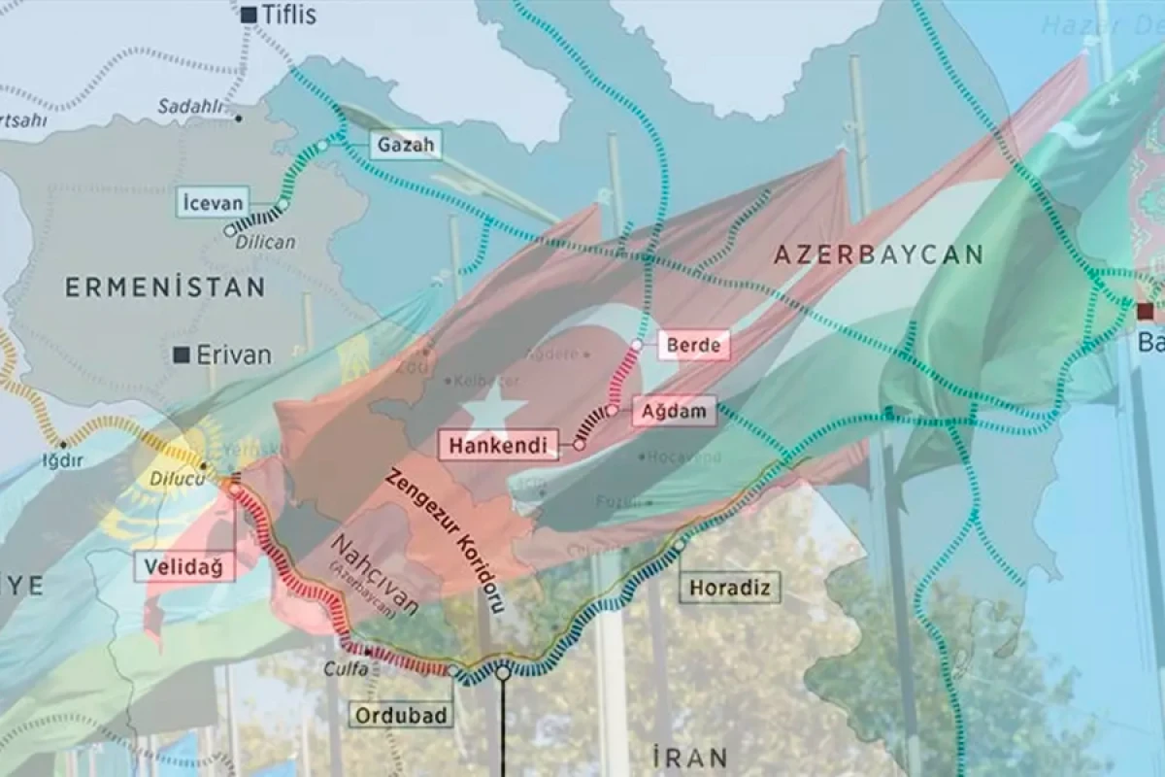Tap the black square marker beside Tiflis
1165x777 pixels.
(250, 15)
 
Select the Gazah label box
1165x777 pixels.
(405, 147)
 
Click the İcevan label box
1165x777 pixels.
(213, 204)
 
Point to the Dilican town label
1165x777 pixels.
(264, 242)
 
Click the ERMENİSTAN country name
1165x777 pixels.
(164, 287)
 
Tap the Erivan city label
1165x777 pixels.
(234, 355)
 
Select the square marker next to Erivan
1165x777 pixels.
(182, 355)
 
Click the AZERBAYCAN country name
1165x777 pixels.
(879, 255)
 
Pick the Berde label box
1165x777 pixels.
(693, 345)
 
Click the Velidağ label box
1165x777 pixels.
(190, 566)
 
